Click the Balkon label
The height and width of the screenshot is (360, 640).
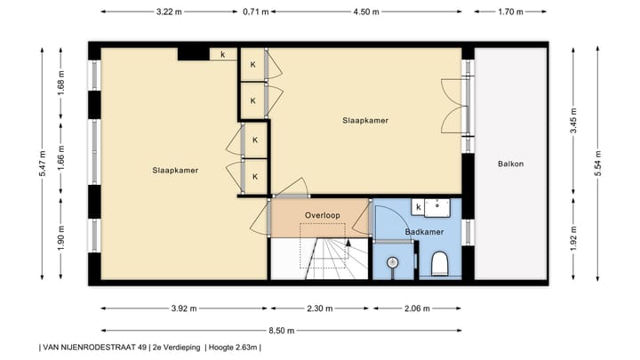[x=510, y=164]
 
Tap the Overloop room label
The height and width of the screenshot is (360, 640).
[x=322, y=215]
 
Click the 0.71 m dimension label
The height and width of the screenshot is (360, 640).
[x=255, y=12]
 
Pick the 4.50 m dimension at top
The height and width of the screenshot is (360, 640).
[x=366, y=12]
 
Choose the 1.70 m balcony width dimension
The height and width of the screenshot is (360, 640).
[x=510, y=12]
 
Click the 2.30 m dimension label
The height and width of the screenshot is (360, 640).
[x=320, y=309]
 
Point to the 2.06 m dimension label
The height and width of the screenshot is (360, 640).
[x=416, y=309]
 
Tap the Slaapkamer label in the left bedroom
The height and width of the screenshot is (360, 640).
[x=174, y=170]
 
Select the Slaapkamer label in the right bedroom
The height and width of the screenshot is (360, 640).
[x=365, y=120]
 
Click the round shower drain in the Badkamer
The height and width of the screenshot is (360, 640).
[x=391, y=262]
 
